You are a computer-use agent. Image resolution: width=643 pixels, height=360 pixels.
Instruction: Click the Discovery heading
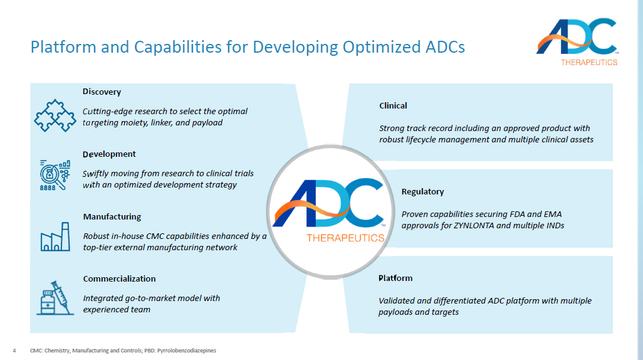click(102, 92)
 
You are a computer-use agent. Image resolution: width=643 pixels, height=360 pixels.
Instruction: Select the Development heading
click(109, 154)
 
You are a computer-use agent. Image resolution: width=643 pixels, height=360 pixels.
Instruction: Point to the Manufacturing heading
click(112, 217)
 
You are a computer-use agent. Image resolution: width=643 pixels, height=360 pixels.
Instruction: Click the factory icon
click(55, 237)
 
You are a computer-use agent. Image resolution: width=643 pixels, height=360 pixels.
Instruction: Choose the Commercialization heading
click(119, 279)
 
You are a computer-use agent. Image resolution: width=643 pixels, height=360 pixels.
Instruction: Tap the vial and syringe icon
click(55, 297)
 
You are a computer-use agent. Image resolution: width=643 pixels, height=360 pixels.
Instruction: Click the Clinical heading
click(393, 106)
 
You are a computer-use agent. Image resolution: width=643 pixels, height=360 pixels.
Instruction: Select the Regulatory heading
click(422, 192)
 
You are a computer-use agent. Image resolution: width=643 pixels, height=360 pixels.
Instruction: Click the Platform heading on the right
click(395, 278)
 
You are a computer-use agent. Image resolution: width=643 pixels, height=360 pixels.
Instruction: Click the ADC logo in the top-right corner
click(577, 37)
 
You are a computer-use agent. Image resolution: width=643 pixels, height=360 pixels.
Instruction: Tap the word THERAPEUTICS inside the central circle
click(345, 238)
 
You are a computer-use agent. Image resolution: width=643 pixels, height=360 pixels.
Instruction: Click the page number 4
click(14, 351)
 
